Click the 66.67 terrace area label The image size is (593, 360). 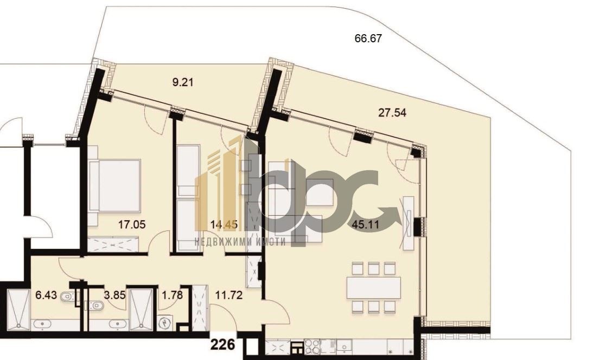368,38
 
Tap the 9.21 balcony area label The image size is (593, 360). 183,81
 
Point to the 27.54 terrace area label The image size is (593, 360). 392,112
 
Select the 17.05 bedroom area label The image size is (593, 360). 132,224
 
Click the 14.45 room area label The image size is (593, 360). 224,224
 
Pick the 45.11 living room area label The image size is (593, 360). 366,224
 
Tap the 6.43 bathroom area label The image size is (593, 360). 46,294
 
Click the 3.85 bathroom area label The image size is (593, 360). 114,294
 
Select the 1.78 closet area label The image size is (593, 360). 172,294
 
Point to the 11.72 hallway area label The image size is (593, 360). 229,294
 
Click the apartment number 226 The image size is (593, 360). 222,344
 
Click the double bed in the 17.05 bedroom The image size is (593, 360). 114,185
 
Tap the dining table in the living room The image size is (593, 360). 374,287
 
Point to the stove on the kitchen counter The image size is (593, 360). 313,346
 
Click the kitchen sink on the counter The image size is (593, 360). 345,346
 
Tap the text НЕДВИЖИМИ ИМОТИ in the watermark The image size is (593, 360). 240,242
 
